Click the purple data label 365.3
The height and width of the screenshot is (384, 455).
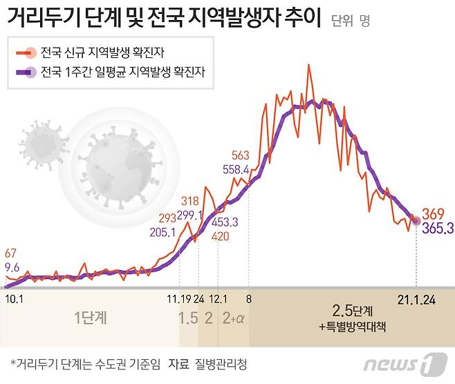click(437, 227)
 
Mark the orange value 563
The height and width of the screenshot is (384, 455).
click(241, 155)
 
